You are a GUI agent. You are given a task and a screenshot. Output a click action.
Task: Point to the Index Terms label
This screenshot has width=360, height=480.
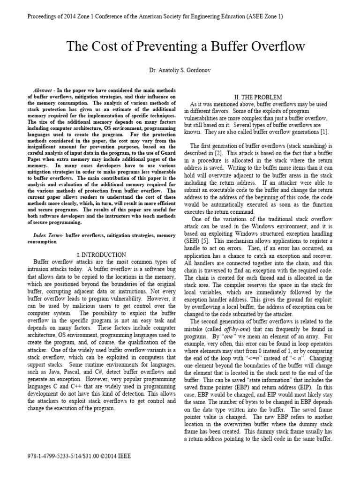click(x=49, y=234)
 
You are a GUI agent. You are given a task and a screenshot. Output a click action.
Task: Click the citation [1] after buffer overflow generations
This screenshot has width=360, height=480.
click(x=330, y=132)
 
